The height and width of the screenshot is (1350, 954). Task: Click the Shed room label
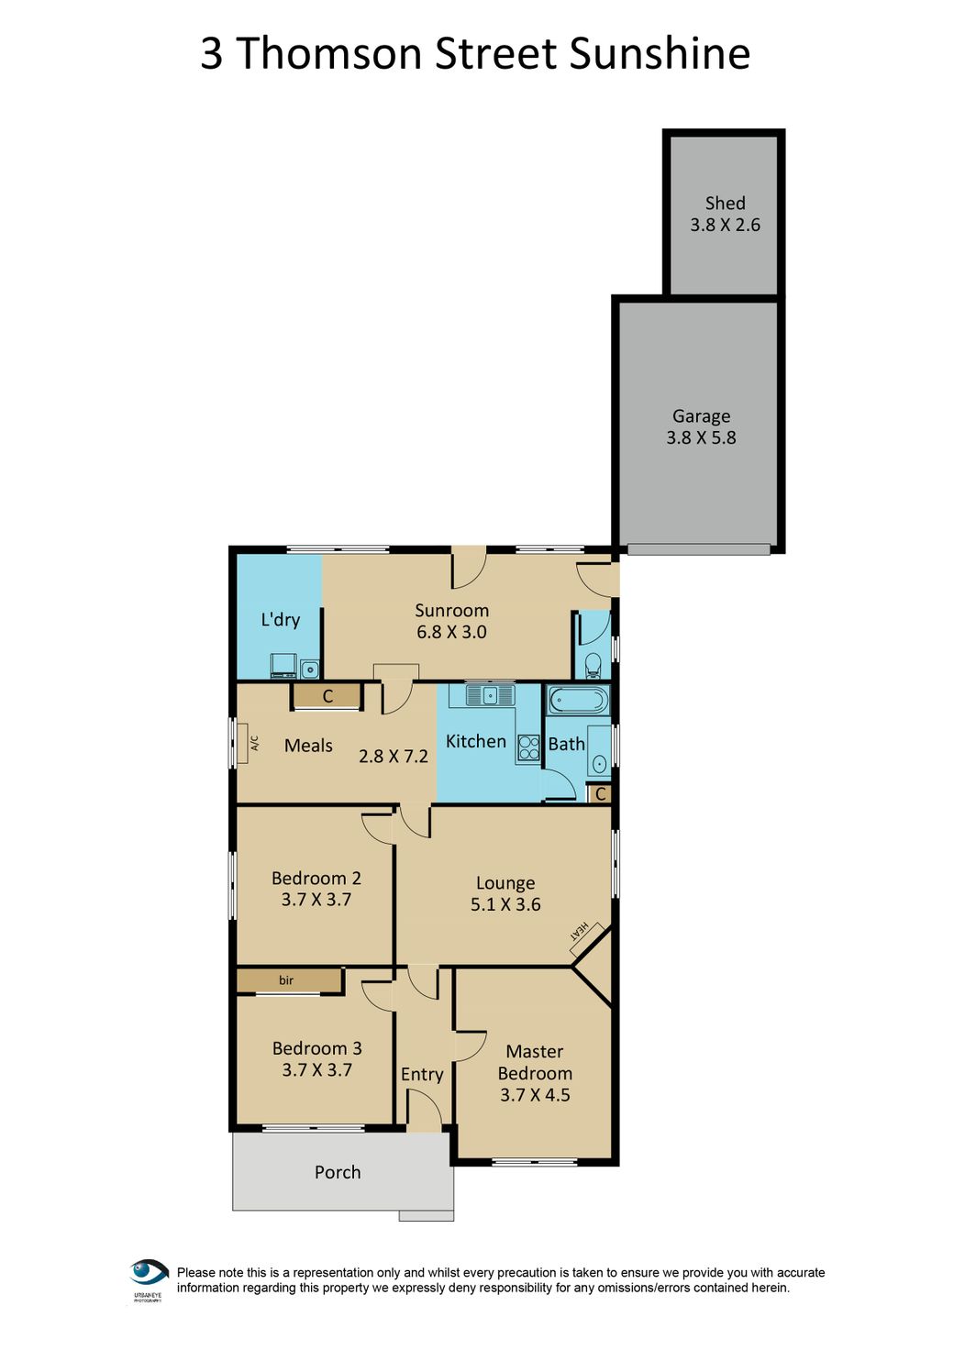click(x=725, y=204)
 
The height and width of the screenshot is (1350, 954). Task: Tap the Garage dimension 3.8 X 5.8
click(x=701, y=438)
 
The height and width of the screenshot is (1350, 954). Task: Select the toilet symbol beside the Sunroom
click(x=593, y=663)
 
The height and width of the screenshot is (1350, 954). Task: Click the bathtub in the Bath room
click(x=577, y=702)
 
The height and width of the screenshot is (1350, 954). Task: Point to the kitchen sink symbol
click(x=490, y=695)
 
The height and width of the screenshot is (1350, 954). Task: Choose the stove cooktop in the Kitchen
click(x=528, y=747)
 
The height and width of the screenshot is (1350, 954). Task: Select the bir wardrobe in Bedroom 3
click(x=288, y=980)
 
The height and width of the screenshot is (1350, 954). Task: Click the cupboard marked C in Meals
click(x=327, y=696)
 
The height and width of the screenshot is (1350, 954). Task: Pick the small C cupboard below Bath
click(x=600, y=794)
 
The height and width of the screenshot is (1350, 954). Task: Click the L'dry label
click(x=280, y=620)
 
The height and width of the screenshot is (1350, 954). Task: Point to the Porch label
click(x=338, y=1172)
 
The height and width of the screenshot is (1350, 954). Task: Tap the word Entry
click(x=422, y=1074)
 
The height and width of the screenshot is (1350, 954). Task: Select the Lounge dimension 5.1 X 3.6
click(x=505, y=904)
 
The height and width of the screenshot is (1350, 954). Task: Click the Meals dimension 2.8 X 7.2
click(x=393, y=757)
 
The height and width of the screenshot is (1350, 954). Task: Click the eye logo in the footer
click(x=149, y=1273)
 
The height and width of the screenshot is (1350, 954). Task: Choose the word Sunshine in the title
click(x=660, y=53)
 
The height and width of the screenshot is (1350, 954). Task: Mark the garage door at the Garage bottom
click(x=698, y=549)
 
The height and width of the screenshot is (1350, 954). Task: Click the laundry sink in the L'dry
click(x=310, y=669)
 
